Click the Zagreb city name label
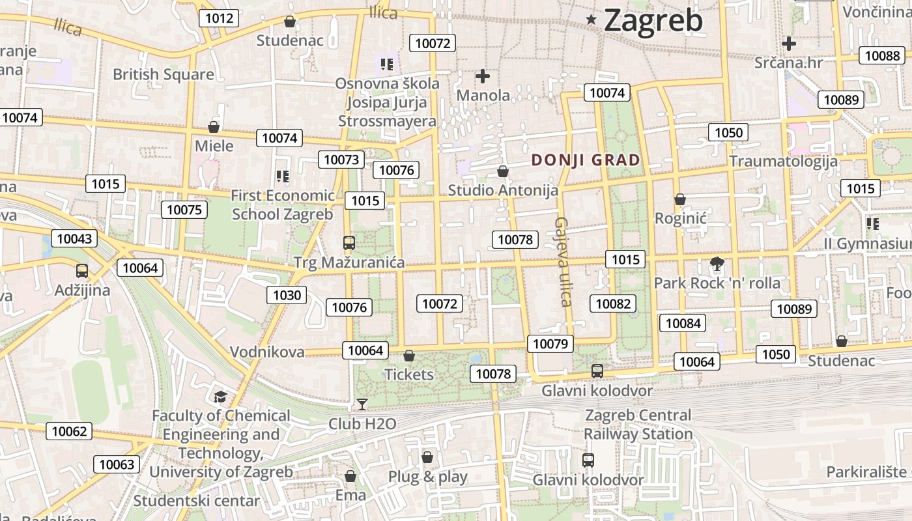653,20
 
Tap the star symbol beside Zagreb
591,20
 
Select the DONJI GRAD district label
586,160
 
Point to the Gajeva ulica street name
562,261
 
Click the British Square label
163,74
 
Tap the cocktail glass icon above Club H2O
362,404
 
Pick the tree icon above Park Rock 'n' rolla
717,264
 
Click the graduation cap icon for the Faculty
221,397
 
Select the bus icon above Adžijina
82,271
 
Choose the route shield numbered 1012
219,18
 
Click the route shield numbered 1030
287,295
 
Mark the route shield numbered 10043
74,238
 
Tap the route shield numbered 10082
613,303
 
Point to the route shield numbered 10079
550,343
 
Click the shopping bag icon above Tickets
409,356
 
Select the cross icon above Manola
483,76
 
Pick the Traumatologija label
783,161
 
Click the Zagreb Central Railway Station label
638,424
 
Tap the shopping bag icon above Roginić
680,199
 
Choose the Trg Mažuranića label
349,262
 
